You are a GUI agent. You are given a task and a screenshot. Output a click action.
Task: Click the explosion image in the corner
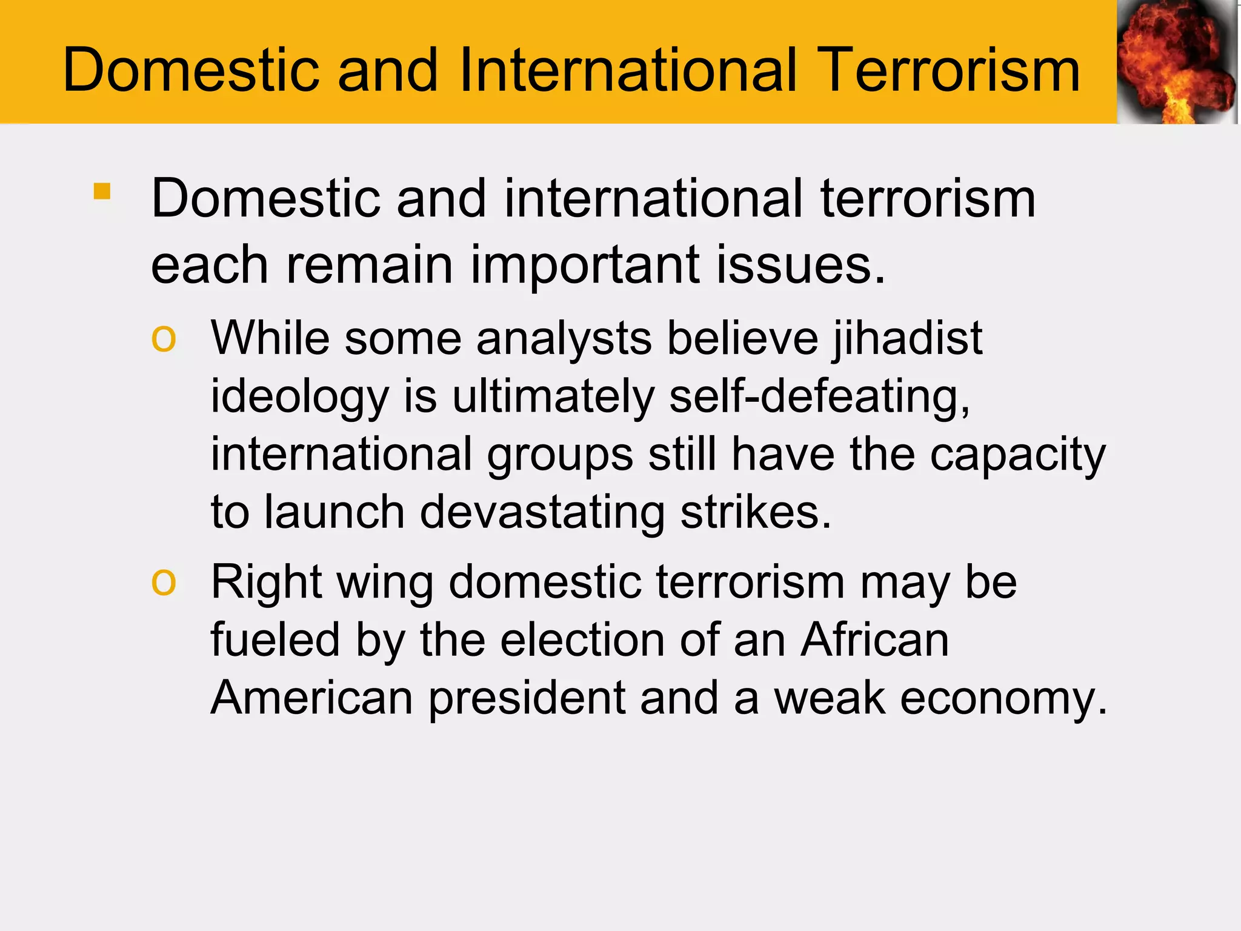pyautogui.click(x=1177, y=62)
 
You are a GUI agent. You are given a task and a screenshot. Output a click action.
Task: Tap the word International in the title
pyautogui.click(x=628, y=70)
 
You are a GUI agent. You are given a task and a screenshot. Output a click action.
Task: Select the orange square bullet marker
pyautogui.click(x=102, y=192)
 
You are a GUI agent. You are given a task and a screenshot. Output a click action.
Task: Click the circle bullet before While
pyautogui.click(x=164, y=339)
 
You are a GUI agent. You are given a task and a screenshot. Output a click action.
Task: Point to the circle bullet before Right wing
pyautogui.click(x=164, y=582)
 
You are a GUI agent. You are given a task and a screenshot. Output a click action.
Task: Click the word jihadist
pyautogui.click(x=907, y=338)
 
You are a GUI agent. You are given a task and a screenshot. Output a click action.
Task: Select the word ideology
pyautogui.click(x=299, y=397)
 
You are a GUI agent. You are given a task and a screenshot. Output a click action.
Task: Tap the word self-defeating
pyautogui.click(x=819, y=396)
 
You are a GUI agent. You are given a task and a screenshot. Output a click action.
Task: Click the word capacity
pyautogui.click(x=1018, y=455)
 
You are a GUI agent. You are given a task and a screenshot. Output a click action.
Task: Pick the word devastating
pyautogui.click(x=542, y=512)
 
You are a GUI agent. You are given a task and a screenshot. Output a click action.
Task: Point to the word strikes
pyautogui.click(x=756, y=512)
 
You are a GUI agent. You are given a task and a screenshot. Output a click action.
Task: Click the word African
pyautogui.click(x=874, y=640)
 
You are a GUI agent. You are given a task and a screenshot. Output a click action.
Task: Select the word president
pyautogui.click(x=527, y=698)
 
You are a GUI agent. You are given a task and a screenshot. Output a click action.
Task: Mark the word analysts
pyautogui.click(x=564, y=338)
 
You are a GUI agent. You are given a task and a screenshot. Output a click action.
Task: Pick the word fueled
pyautogui.click(x=275, y=640)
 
